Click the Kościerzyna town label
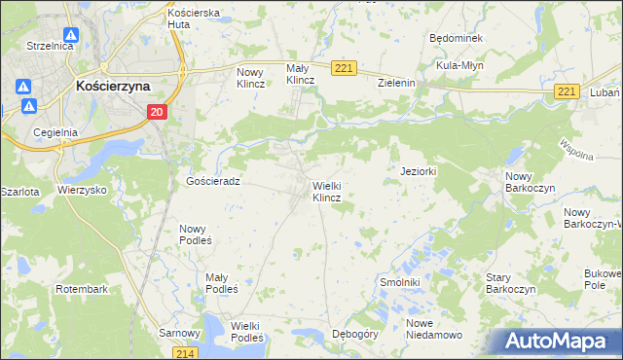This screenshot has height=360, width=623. [112, 86]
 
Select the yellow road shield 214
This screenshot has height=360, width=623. [188, 352]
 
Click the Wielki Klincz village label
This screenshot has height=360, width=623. [326, 191]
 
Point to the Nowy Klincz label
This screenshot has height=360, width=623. [252, 77]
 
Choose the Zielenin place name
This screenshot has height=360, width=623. [397, 84]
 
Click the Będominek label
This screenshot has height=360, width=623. [456, 37]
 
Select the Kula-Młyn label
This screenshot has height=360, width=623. [460, 64]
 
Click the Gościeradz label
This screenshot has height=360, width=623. [212, 181]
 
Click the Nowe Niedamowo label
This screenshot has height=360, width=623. [434, 328]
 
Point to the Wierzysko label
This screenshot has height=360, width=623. [82, 190]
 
